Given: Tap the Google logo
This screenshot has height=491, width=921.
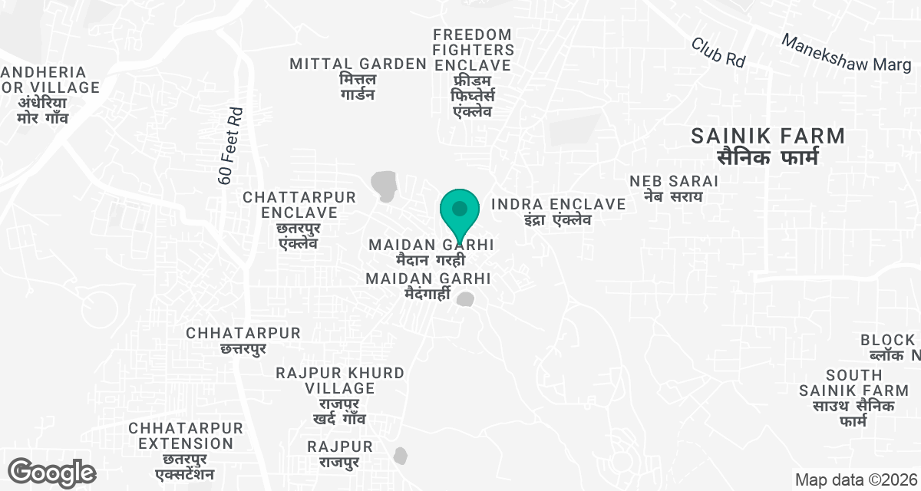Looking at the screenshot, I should tap(52, 472).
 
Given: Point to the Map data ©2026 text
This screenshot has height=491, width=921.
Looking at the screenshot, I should tap(856, 480).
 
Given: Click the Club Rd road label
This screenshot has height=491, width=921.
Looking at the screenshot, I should tap(718, 52).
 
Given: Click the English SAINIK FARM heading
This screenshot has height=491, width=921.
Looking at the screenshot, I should tap(767, 137).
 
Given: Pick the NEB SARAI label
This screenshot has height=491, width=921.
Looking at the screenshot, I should tap(674, 181).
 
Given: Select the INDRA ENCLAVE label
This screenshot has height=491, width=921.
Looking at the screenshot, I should tap(558, 204).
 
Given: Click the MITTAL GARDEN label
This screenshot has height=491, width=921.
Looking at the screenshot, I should tap(358, 64).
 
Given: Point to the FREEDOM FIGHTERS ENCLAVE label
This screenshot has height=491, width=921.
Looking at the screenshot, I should tap(473, 50).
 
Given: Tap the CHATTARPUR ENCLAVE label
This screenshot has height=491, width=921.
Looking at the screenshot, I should tap(299, 205).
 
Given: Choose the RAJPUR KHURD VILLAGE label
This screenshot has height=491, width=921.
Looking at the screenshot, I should tap(340, 381).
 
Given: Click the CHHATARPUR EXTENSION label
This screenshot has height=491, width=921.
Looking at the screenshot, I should tap(186, 436).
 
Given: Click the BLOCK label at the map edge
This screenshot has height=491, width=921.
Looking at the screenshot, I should tap(889, 340).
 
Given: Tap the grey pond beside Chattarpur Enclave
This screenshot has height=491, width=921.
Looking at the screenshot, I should tap(384, 186).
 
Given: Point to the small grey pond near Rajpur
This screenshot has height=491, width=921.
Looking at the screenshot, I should tap(400, 456).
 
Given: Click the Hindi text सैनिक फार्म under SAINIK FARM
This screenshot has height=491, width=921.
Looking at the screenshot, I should tap(767, 158).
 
